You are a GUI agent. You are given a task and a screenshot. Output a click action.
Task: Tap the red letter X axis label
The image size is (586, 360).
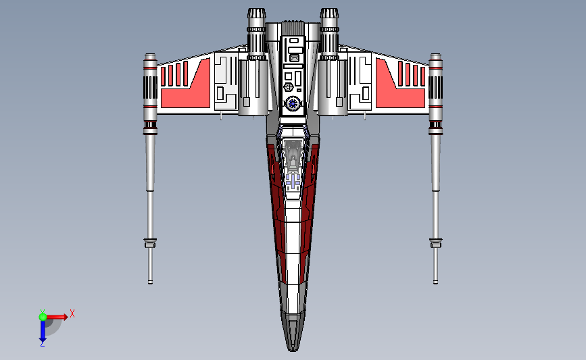click(72, 313)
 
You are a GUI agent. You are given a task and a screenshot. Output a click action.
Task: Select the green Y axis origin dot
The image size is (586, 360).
click(43, 315)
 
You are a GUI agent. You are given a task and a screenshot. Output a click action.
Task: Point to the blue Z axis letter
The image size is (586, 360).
click(42, 344)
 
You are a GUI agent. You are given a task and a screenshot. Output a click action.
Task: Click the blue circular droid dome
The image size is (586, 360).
click(293, 103)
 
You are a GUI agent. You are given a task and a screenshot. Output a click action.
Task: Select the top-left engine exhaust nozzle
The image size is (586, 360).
click(256, 15)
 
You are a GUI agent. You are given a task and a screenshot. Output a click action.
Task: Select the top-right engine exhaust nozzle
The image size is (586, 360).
click(329, 15)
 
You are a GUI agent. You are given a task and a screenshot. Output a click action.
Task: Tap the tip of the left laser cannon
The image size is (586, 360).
click(150, 280)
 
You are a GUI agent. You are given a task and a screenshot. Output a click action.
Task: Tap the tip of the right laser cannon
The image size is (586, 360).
click(435, 280)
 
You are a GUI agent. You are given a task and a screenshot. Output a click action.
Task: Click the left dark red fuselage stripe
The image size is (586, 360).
click(275, 203)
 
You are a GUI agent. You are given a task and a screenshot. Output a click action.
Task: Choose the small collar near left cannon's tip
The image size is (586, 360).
click(150, 242)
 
